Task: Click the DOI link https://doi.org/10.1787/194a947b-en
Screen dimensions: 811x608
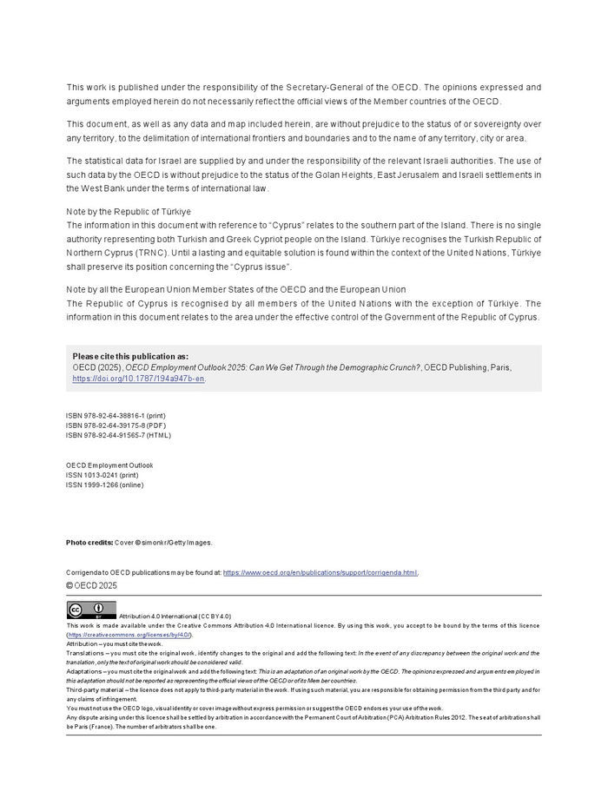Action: (138, 379)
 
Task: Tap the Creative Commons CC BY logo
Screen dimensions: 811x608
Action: (91, 610)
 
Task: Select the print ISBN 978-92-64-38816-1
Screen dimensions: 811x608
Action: (116, 416)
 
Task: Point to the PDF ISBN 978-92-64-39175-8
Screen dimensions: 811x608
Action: (116, 425)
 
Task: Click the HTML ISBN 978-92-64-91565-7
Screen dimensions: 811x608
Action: (118, 435)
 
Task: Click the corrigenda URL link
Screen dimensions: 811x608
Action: (320, 572)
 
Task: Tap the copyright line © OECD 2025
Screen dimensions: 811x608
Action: (91, 585)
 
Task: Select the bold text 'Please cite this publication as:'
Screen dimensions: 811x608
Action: (130, 356)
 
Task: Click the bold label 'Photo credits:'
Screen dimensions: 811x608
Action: (89, 543)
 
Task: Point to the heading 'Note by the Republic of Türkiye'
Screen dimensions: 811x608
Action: (129, 212)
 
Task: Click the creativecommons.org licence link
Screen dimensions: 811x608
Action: (129, 635)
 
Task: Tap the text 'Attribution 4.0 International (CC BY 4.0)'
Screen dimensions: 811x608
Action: (175, 616)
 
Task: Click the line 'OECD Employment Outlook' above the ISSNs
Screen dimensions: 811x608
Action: (109, 465)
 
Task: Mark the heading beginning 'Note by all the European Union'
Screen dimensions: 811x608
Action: (235, 290)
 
